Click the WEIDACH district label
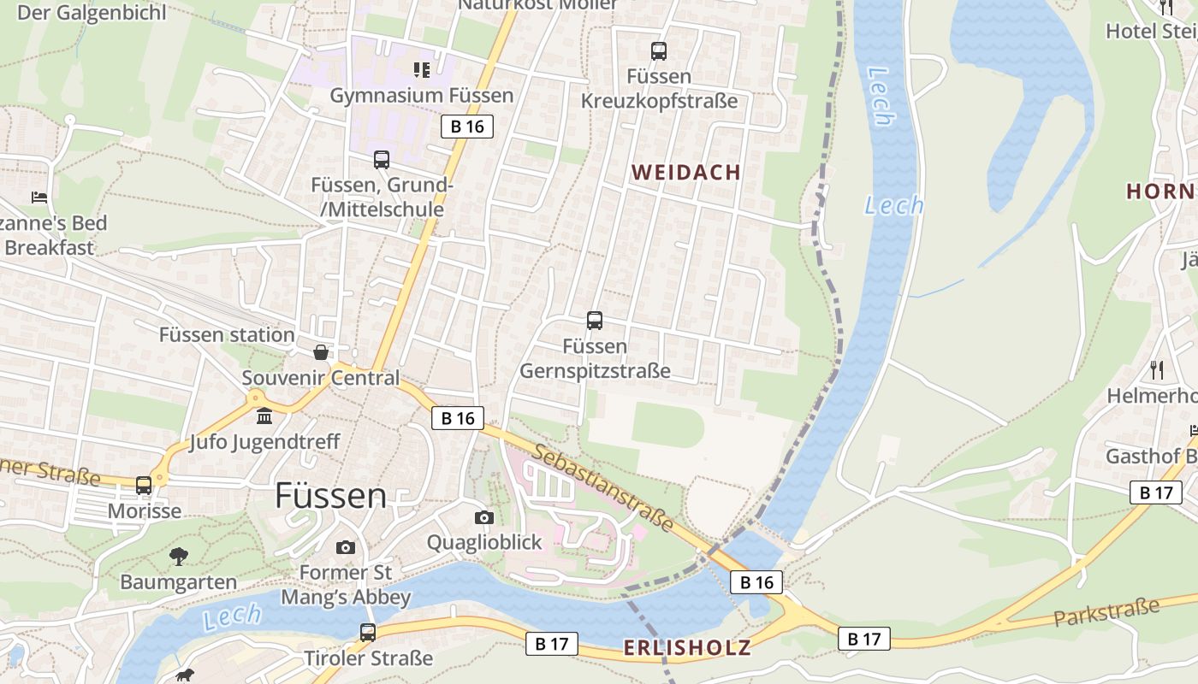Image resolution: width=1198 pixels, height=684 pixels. (686, 172)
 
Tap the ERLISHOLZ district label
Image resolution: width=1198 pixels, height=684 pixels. (687, 647)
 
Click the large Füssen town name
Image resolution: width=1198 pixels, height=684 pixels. (331, 496)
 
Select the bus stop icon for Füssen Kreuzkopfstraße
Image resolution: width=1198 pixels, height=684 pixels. (658, 51)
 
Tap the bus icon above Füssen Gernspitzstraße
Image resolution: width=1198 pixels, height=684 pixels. (595, 321)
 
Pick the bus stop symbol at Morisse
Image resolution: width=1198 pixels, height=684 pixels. (144, 485)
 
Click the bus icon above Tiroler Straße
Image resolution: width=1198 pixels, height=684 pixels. (368, 633)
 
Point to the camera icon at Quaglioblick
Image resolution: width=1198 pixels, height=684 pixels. (484, 517)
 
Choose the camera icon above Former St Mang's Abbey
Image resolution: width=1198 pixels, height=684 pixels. (346, 547)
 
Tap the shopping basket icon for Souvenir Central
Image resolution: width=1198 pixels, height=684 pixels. (321, 352)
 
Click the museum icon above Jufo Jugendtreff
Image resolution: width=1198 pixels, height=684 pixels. (264, 416)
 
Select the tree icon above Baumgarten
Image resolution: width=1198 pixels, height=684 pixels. (178, 557)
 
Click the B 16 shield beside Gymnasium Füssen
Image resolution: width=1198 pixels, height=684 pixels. (467, 127)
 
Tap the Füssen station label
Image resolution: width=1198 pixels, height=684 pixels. (227, 334)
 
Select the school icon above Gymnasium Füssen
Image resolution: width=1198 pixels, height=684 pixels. (422, 69)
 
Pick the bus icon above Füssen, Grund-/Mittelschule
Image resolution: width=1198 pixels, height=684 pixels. (382, 160)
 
